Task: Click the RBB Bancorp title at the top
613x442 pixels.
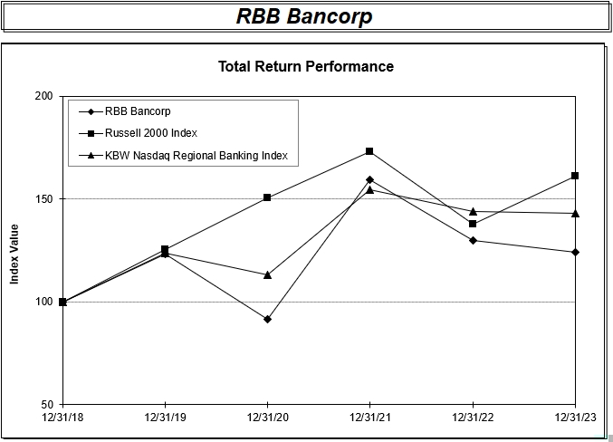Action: (x=304, y=16)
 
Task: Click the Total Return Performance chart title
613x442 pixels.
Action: (x=306, y=66)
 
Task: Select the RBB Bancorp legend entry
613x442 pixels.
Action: (x=138, y=111)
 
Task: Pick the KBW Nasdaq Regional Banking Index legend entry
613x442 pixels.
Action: (x=196, y=156)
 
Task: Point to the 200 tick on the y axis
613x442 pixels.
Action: (x=43, y=96)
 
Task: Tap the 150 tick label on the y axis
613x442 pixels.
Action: (x=43, y=199)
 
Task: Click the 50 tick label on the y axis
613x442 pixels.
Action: (x=45, y=405)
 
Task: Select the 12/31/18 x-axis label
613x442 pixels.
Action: (x=62, y=417)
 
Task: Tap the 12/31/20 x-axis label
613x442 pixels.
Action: (x=267, y=417)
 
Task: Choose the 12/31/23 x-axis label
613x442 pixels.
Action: (x=574, y=417)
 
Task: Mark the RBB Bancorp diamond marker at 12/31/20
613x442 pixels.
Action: (x=267, y=319)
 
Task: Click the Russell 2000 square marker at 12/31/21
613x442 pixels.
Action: (x=369, y=151)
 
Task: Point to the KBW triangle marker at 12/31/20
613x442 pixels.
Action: (x=267, y=274)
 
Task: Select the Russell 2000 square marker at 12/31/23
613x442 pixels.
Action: (x=575, y=176)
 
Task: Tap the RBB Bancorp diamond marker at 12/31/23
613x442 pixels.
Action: (x=575, y=252)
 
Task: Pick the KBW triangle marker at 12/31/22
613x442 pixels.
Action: (x=473, y=211)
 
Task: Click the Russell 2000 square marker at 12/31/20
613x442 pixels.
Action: (x=267, y=197)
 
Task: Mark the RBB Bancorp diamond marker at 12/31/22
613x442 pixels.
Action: (x=473, y=240)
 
